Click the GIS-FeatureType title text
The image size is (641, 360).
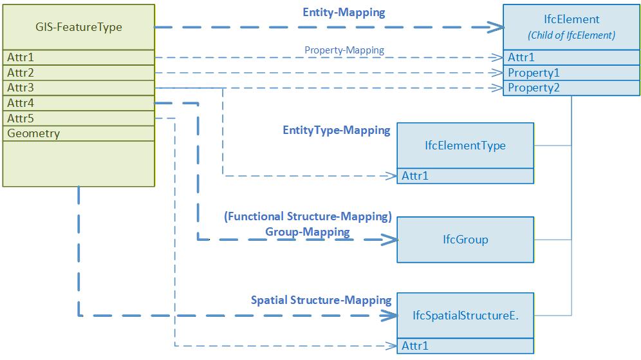(79, 27)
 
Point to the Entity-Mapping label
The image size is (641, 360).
(344, 13)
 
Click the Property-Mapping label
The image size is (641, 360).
(344, 50)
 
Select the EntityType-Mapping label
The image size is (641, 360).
(336, 130)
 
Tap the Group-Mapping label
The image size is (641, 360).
(308, 231)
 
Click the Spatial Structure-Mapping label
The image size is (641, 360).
(321, 300)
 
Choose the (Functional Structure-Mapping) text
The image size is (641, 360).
(308, 217)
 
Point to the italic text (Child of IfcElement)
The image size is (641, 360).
(571, 35)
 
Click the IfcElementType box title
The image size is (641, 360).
(465, 146)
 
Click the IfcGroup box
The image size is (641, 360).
(465, 240)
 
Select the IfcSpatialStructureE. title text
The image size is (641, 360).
(465, 316)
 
